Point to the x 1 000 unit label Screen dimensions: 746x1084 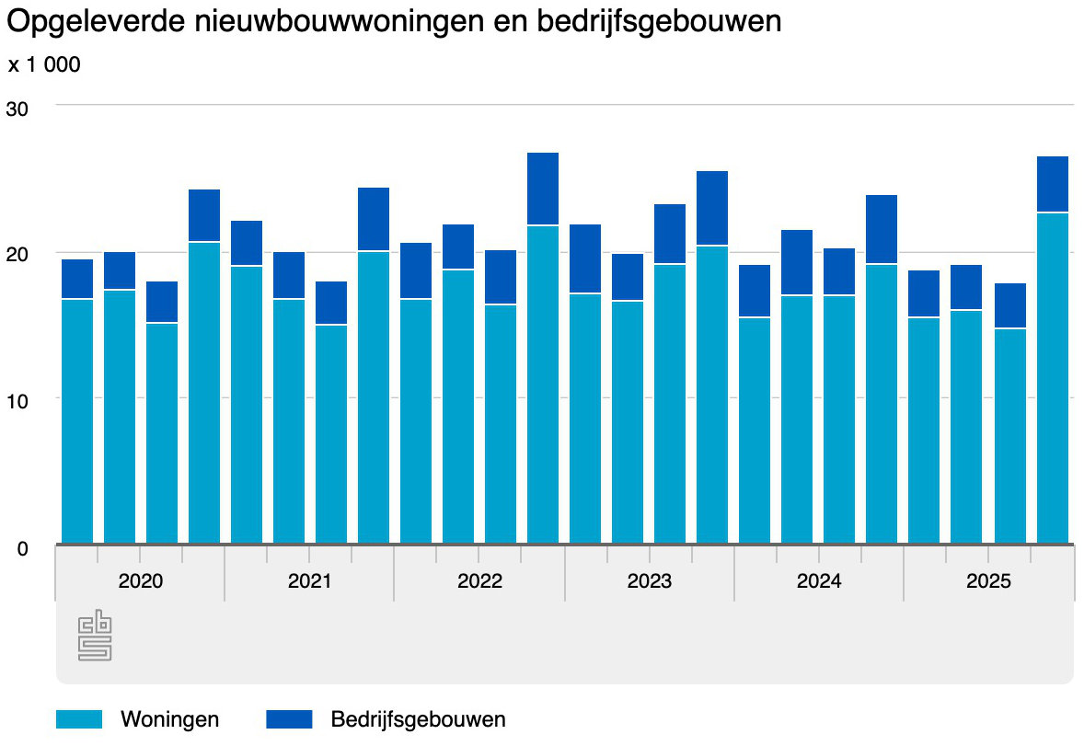coord(44,65)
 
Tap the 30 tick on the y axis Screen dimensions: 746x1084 coord(17,109)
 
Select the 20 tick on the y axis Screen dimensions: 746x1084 coord(17,255)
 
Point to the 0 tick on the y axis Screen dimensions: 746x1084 coord(23,548)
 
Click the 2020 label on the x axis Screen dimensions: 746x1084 coord(141,581)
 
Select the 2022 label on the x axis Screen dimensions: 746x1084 coord(479,581)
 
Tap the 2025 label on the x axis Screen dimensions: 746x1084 coord(988,581)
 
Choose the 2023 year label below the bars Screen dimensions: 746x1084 coord(650,581)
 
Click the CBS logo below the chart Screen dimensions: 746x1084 coord(95,636)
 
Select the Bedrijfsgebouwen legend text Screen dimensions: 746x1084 coord(418,719)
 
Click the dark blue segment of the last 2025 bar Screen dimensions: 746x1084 coord(1052,184)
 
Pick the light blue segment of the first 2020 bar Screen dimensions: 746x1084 coord(77,421)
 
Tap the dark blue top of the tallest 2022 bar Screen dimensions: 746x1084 coord(543,189)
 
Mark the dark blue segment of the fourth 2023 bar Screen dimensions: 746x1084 coord(712,208)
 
